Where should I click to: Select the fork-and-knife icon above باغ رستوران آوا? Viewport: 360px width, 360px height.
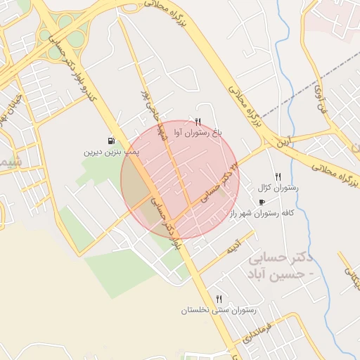(x=198, y=122)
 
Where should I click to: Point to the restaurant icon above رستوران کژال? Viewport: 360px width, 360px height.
(x=278, y=176)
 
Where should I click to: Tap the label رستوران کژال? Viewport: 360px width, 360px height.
(x=278, y=188)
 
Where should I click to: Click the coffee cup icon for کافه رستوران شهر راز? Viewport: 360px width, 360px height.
(x=262, y=202)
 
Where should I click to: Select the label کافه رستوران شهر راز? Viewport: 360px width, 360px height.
(x=266, y=212)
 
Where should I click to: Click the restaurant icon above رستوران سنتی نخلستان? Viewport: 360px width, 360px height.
(x=219, y=299)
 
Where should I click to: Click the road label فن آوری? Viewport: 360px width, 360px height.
(x=319, y=99)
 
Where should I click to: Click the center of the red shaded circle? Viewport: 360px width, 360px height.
(x=180, y=180)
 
